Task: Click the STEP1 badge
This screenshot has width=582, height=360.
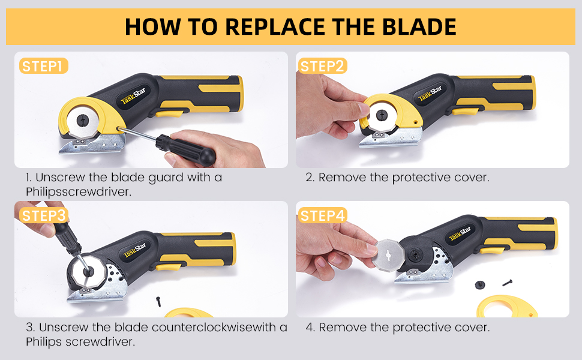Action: pyautogui.click(x=44, y=66)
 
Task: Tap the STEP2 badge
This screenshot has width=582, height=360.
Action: pyautogui.click(x=322, y=66)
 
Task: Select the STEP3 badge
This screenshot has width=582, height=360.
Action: pyautogui.click(x=44, y=215)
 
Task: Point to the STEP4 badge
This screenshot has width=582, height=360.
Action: pyautogui.click(x=322, y=215)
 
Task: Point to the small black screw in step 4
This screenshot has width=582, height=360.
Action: pyautogui.click(x=508, y=281)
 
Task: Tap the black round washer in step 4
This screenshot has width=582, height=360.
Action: pyautogui.click(x=480, y=285)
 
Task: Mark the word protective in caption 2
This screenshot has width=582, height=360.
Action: pyautogui.click(x=421, y=178)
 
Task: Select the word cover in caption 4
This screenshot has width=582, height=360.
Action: pyautogui.click(x=475, y=328)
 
